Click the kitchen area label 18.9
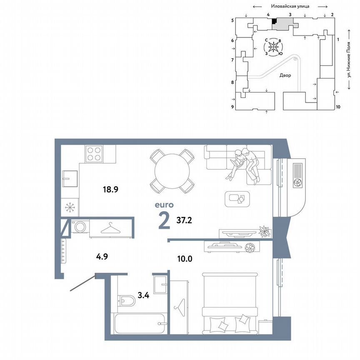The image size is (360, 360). click(x=111, y=189)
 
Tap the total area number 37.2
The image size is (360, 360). click(x=185, y=221)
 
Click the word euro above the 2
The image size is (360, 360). click(x=164, y=205)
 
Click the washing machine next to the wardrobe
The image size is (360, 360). click(x=80, y=227)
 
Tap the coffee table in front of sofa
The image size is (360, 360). click(x=238, y=199)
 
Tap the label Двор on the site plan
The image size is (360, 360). click(x=285, y=75)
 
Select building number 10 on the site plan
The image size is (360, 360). click(x=338, y=107)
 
